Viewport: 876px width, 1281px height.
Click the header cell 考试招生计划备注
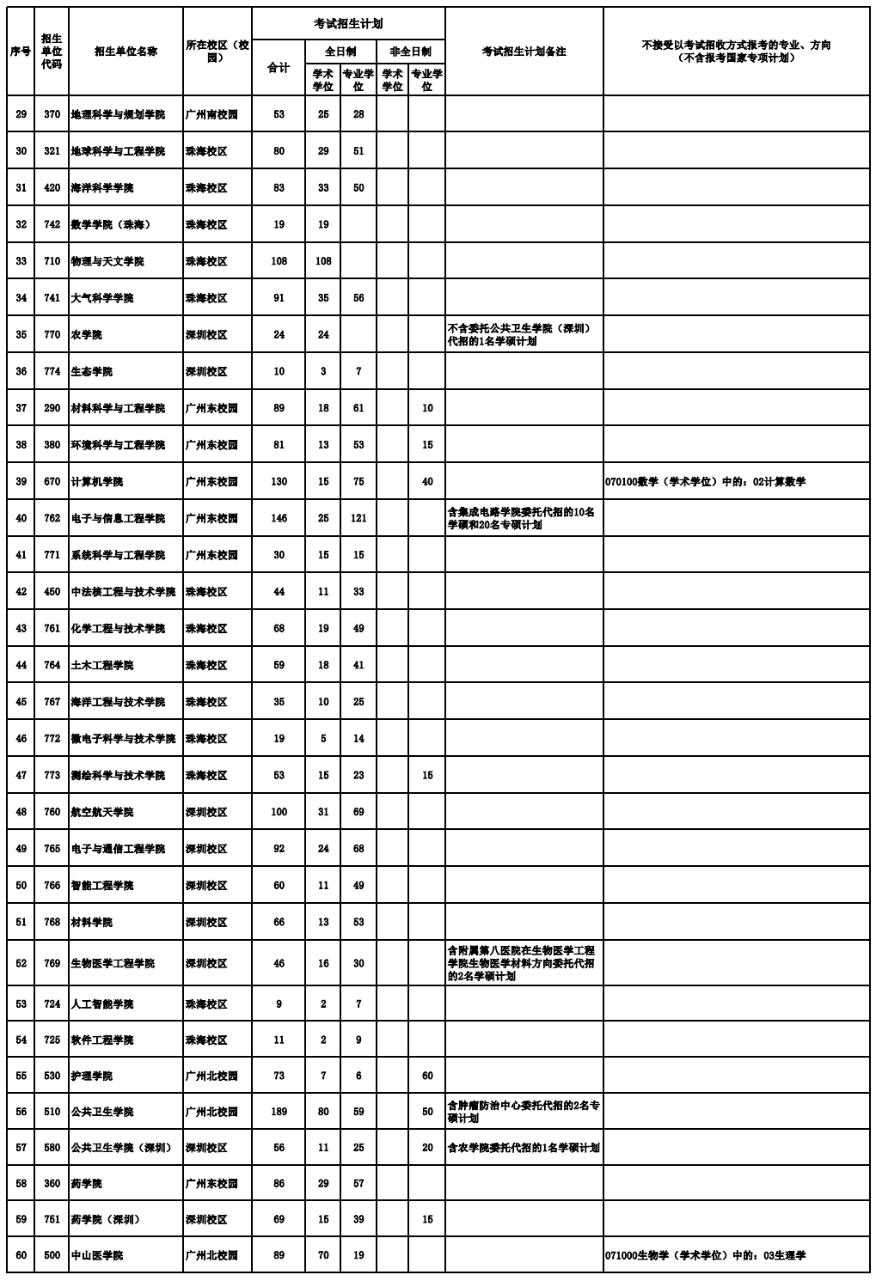point(524,52)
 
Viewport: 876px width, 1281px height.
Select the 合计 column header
point(279,68)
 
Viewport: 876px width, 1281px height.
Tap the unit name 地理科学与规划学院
point(118,114)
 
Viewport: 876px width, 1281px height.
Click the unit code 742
point(52,224)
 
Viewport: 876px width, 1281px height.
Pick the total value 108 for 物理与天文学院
point(279,261)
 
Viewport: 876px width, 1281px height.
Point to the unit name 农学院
point(86,334)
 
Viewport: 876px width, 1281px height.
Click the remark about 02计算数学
point(705,482)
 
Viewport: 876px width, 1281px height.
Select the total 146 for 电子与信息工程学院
point(279,518)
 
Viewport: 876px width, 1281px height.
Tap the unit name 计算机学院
point(97,482)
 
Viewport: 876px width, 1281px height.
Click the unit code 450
point(52,592)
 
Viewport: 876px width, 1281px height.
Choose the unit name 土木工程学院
point(102,665)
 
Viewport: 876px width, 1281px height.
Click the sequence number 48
point(21,812)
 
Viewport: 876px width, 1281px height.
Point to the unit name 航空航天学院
point(102,812)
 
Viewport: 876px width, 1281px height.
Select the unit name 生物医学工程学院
point(113,963)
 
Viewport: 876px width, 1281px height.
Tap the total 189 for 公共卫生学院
point(279,1112)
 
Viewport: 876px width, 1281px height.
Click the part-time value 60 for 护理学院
point(427,1076)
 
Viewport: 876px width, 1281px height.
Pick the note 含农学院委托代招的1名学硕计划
point(523,1148)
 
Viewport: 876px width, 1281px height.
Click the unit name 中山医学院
point(96,1255)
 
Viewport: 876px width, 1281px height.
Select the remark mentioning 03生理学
point(705,1255)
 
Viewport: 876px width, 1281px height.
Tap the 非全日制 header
point(410,52)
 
